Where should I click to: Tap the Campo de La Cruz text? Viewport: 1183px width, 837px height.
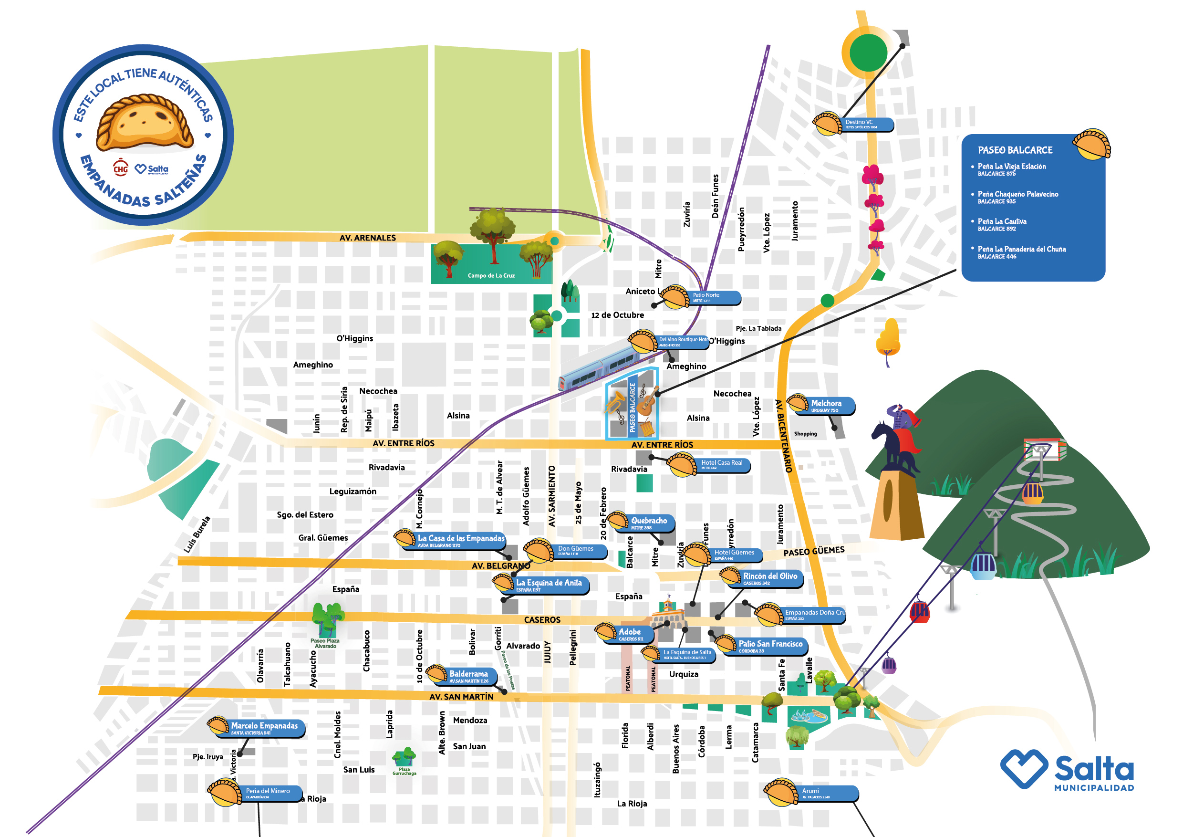[491, 276]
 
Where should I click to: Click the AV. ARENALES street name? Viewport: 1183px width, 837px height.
[367, 238]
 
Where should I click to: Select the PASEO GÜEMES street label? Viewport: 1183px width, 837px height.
[814, 552]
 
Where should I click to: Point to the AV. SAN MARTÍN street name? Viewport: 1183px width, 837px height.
[461, 697]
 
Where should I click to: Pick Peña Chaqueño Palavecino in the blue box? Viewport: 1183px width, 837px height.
[1017, 195]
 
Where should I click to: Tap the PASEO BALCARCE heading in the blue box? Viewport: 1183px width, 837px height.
[1015, 150]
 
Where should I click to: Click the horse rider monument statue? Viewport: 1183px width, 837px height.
[896, 443]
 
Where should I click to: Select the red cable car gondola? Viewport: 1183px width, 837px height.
[919, 612]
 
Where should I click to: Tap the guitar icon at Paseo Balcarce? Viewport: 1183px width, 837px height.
[647, 401]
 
